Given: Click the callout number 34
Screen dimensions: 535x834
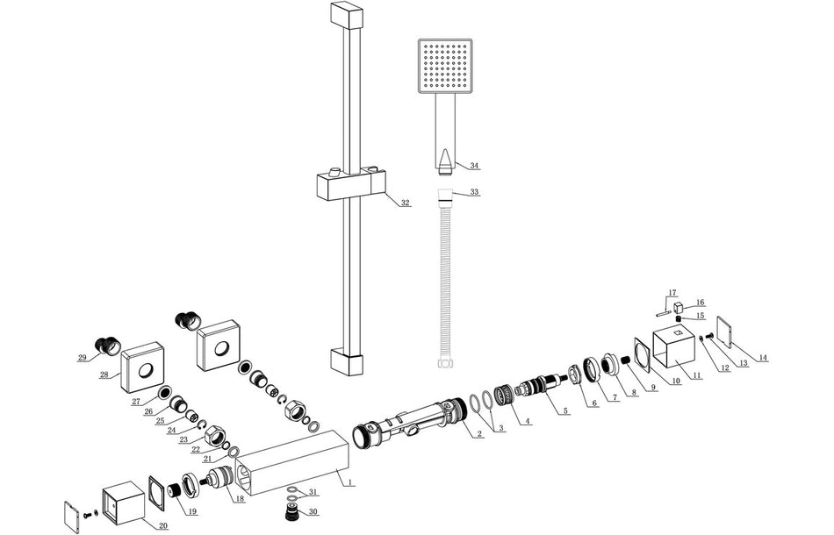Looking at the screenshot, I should point(475,166).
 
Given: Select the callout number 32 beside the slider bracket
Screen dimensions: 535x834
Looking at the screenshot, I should point(405,203).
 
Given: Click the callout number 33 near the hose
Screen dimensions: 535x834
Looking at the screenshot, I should point(475,191).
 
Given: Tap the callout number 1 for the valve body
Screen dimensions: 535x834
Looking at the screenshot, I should point(349,481).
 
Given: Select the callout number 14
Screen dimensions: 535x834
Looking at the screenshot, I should point(763,358).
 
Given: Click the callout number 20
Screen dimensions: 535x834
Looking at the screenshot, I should point(162,526).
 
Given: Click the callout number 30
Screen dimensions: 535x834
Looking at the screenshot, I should point(313,512).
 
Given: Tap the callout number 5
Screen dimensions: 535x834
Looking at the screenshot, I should point(566,410).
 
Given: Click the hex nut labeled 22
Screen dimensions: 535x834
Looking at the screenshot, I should point(214,432).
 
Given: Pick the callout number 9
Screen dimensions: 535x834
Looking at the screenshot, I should point(652,388).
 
